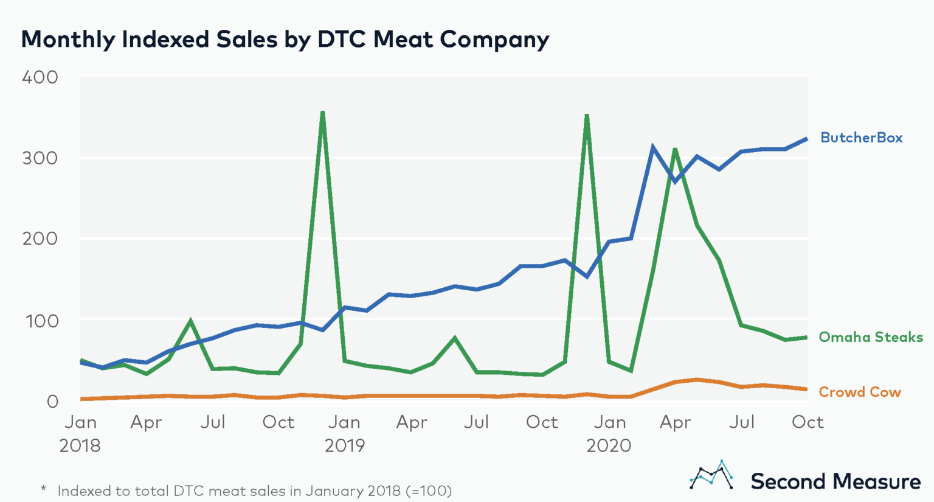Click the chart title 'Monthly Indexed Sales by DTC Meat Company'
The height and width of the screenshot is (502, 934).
285,40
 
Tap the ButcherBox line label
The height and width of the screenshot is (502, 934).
861,138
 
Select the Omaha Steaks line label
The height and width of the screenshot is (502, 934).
870,337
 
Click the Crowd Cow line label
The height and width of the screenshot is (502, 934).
859,392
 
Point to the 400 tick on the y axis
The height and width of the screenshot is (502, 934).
40,77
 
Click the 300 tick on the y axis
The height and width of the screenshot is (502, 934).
40,158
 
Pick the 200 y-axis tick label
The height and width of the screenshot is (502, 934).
40,239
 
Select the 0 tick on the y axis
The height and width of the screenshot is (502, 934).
52,402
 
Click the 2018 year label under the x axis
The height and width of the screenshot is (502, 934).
80,445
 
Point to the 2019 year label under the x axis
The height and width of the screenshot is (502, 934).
344,445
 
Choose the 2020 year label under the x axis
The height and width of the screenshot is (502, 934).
609,445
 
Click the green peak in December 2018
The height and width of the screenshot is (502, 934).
322,113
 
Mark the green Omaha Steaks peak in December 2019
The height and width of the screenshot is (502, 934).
587,115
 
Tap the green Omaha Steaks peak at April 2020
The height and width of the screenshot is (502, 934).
675,149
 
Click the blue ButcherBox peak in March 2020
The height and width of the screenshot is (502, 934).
652,147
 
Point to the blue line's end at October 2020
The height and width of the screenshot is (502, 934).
807,139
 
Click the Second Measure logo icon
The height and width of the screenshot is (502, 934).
711,475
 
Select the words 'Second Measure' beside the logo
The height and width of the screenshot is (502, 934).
835,481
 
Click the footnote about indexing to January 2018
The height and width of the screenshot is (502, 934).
246,490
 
